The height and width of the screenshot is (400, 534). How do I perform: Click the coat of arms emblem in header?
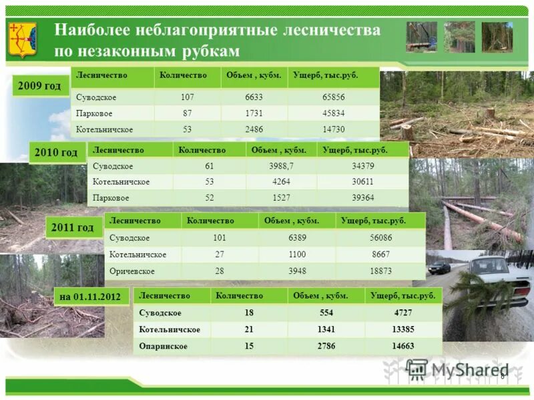[x=23, y=39]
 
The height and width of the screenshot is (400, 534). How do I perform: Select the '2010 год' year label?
[x=56, y=153]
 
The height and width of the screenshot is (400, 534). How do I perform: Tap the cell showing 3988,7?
[x=280, y=166]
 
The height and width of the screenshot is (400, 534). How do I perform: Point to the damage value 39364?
[x=362, y=198]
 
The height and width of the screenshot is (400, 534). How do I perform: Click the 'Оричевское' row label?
[x=132, y=271]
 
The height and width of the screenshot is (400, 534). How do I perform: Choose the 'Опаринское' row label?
[x=164, y=346]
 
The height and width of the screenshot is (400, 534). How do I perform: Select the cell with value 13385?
[x=403, y=329]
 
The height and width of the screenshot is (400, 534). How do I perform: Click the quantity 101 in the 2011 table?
[x=220, y=238]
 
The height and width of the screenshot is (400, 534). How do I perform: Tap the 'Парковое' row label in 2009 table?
[x=93, y=113]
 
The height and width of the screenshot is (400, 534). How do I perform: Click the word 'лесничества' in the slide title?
[x=331, y=31]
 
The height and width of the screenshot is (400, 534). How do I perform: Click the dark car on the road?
[x=439, y=267]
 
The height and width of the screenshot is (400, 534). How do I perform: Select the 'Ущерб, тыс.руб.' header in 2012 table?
[x=403, y=295]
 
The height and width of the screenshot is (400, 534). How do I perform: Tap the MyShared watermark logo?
[x=454, y=369]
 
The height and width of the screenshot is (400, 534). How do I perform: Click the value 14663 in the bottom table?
[x=403, y=346]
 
